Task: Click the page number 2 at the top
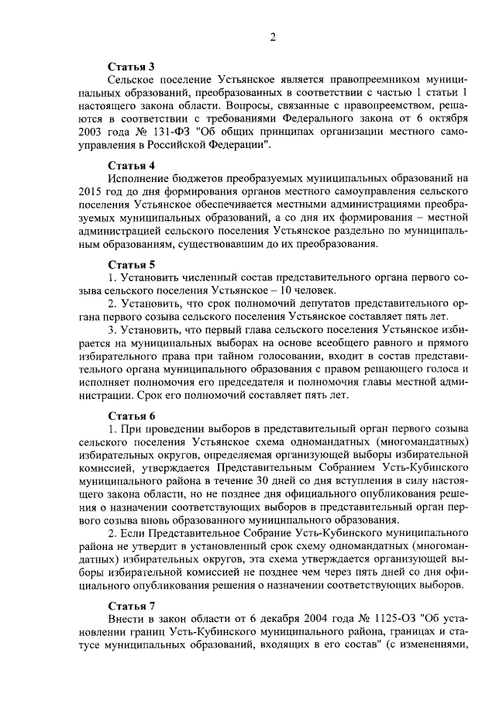coord(273,38)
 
